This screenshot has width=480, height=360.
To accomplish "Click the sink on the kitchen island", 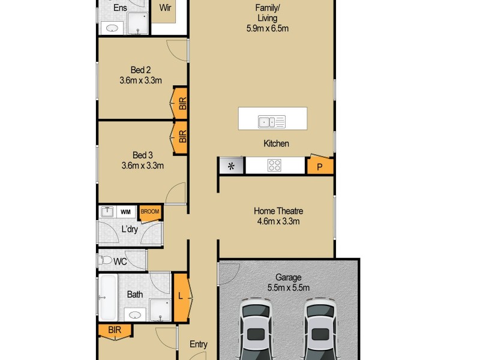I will click(271, 122).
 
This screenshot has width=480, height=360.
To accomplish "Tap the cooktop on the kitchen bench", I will click(275, 165).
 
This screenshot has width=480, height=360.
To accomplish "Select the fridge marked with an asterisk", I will click(231, 165).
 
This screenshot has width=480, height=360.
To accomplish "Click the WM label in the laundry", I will click(125, 212).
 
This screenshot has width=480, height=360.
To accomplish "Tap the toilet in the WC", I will click(107, 260).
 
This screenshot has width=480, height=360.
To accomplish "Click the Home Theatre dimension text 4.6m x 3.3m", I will click(278, 221).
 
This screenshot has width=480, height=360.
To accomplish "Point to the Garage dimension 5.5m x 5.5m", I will click(288, 287).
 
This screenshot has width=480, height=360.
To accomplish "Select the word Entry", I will click(199, 344).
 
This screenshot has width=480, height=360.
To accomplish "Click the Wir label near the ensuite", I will click(165, 8).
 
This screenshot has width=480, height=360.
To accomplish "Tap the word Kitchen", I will click(276, 143).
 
